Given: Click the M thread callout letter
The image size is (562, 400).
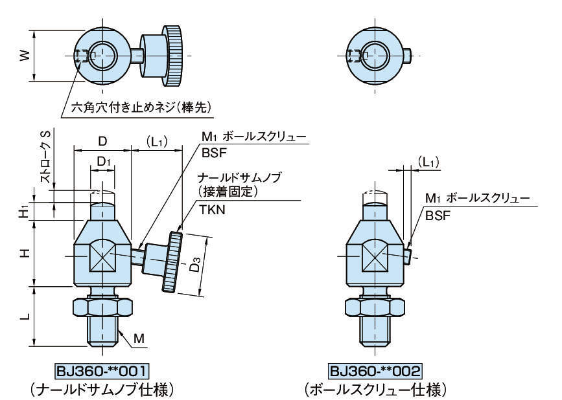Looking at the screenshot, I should tap(139, 339).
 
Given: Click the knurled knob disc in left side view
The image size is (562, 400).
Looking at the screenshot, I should tap(173, 261).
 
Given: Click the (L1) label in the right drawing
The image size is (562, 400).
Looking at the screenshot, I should tap(427, 162).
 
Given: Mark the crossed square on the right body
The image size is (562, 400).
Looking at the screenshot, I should tap(375, 254).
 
